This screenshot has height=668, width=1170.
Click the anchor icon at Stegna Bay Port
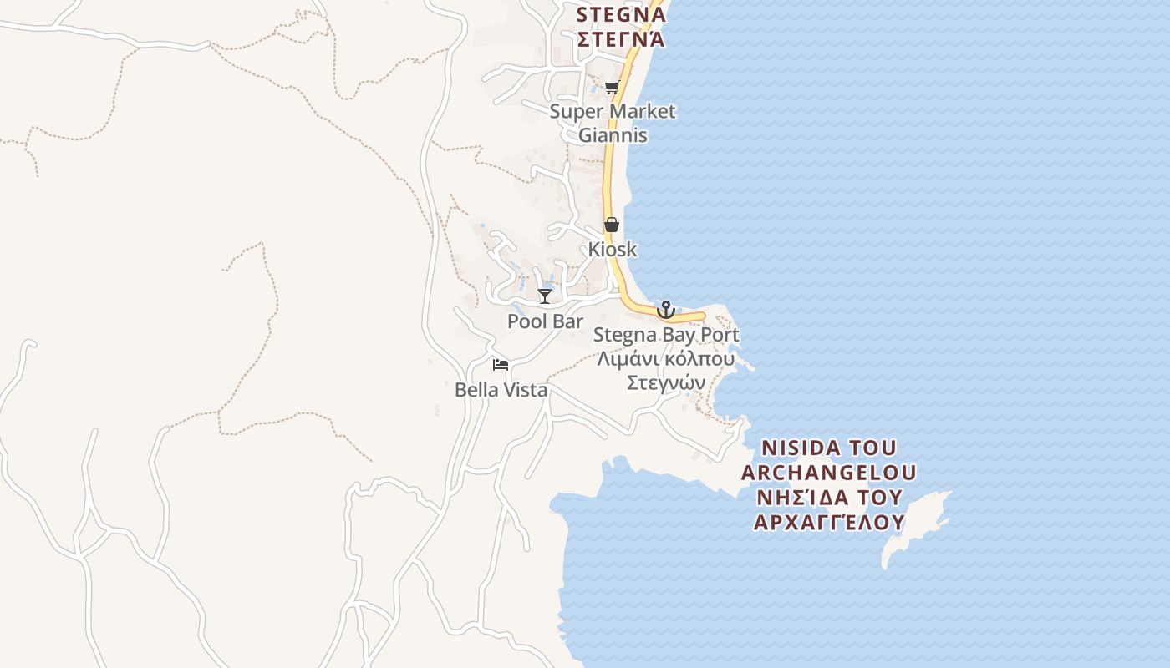665,310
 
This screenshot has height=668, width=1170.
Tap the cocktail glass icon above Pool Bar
545,296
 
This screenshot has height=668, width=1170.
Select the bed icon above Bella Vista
501,364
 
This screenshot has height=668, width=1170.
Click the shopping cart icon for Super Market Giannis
612,88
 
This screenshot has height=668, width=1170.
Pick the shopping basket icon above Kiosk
612,225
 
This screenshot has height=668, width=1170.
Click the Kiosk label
612,249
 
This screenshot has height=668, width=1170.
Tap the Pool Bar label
545,321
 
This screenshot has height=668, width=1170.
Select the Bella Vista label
501,390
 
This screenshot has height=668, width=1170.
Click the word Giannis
613,134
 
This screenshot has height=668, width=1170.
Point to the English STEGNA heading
621,14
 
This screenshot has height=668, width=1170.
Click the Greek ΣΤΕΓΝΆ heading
621,38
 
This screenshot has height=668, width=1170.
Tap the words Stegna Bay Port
666,336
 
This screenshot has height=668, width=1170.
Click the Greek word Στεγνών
666,382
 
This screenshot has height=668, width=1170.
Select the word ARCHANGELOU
828,473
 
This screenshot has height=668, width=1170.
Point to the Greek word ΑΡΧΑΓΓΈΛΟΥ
828,523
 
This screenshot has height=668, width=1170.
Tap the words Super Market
613,111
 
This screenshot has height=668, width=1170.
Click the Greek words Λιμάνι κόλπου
666,359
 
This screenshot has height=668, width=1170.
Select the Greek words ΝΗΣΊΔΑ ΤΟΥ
828,498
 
